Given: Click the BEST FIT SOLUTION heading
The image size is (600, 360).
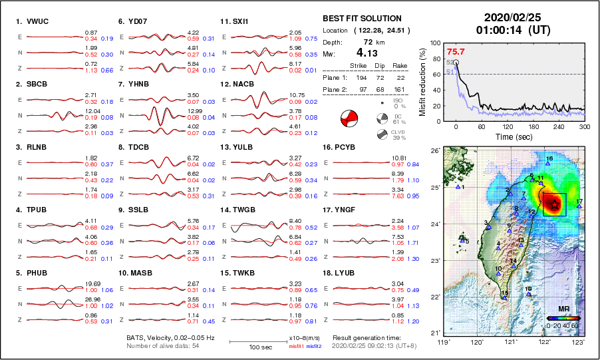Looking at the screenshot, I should [x=361, y=19].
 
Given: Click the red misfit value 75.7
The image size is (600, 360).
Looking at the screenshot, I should [x=456, y=51].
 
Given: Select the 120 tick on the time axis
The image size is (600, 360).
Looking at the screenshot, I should [x=508, y=126].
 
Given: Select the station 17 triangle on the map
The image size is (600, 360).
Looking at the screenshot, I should [x=579, y=206].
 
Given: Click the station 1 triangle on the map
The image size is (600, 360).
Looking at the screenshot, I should [x=458, y=187].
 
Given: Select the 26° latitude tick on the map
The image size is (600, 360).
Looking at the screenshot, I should [x=433, y=151].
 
